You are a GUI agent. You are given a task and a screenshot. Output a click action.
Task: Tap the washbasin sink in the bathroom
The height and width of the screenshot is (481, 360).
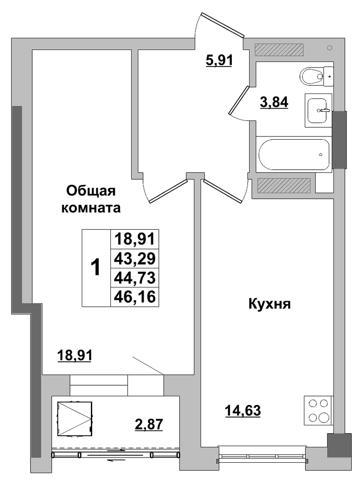coord(318,110)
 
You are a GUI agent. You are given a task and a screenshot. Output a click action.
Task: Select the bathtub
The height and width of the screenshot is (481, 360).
coord(294,154)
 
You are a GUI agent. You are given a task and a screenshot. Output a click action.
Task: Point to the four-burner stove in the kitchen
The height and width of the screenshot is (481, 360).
coord(318,411)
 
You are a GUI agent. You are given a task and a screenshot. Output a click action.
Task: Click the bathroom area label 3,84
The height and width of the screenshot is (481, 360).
coord(274,102)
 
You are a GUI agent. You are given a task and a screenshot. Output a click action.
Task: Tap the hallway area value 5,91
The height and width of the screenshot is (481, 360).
coord(219,60)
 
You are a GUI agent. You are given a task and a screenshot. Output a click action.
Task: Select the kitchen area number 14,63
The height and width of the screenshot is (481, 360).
coord(243,411)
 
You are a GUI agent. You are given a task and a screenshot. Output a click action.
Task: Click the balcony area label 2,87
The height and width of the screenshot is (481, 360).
coord(149,424)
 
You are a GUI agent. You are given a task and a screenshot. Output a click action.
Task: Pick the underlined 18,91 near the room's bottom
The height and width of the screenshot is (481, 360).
coord(74,356)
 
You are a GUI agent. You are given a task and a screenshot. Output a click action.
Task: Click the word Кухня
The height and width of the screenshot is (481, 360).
coord(269,304)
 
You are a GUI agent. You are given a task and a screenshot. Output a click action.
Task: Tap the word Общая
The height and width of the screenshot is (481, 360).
coord(91,191)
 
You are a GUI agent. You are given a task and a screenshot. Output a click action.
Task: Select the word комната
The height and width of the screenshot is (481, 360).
coord(91,208)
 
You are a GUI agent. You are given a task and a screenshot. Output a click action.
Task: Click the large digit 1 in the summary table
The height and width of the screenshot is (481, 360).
coord(96,267)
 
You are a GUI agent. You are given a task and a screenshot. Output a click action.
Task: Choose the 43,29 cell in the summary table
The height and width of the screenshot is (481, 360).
coord(135,259)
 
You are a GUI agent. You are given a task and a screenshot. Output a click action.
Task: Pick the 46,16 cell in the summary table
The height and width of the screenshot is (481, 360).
coord(135,297)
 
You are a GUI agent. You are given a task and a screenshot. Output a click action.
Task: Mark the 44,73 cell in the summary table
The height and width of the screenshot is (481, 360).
coord(135,277)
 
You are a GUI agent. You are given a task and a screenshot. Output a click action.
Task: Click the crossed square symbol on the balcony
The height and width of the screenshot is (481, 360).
coord(74,419)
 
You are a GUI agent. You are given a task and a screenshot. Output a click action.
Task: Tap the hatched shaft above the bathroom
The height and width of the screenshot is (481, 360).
coord(279,50)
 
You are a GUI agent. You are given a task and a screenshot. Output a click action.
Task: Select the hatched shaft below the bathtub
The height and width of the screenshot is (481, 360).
coord(284,186)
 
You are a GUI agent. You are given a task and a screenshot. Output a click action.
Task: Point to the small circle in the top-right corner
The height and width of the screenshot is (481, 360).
coord(330,48)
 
